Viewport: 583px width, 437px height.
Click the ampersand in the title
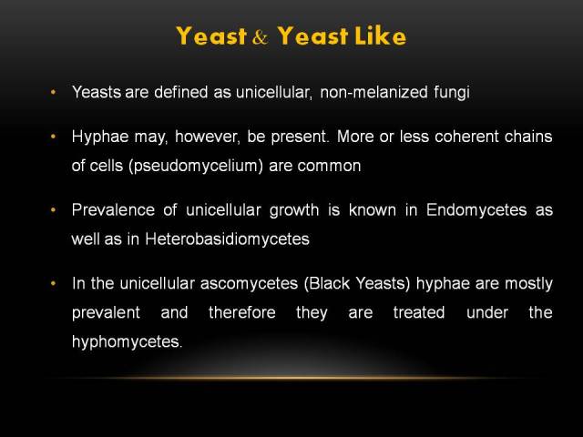click(261, 37)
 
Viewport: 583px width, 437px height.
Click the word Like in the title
click(381, 36)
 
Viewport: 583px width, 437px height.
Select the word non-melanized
click(373, 92)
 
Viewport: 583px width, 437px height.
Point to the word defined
click(181, 92)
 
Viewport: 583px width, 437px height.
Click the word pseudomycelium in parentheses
click(196, 166)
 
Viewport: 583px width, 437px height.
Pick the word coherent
click(466, 137)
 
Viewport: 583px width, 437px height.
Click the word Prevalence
click(113, 210)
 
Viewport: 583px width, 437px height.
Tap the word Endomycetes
click(476, 210)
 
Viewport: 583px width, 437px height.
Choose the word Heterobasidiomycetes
click(227, 239)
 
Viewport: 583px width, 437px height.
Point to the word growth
click(294, 210)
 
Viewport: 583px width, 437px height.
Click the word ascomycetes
click(249, 284)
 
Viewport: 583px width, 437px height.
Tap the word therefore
click(242, 312)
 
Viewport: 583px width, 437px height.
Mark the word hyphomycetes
click(128, 342)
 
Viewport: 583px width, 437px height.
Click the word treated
click(419, 312)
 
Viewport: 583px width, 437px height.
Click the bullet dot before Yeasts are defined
click(53, 92)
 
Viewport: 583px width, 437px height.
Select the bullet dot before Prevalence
click(53, 210)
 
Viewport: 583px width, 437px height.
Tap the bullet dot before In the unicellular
click(53, 283)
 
